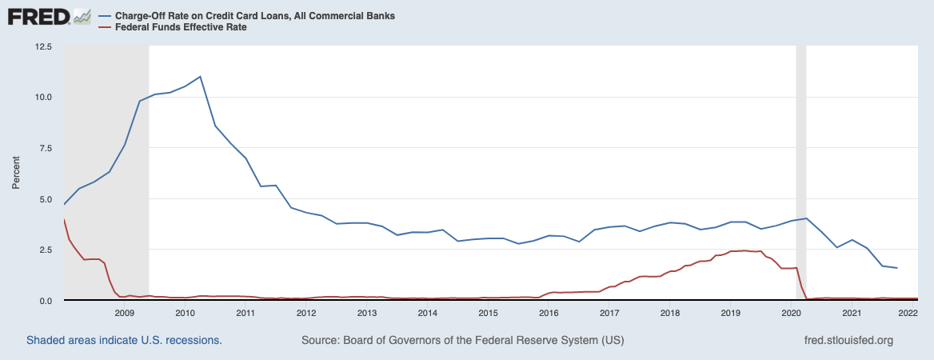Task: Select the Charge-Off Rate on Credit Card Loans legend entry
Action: coord(255,16)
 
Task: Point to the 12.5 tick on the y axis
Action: coord(42,47)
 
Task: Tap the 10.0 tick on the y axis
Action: coord(42,98)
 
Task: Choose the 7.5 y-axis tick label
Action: coord(44,148)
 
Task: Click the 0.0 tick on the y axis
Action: coord(44,300)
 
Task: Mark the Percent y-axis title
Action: coord(15,174)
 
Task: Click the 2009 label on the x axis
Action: coord(124,313)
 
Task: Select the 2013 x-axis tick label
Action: coord(366,313)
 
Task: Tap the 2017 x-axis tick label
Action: coord(609,313)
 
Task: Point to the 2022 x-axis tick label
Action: coord(907,313)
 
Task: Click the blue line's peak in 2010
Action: coord(200,77)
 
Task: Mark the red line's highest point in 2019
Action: coord(745,250)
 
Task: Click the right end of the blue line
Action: coord(897,268)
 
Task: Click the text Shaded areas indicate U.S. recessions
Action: coord(124,340)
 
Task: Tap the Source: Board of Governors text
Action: coord(462,340)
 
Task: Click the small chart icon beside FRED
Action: coord(82,16)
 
